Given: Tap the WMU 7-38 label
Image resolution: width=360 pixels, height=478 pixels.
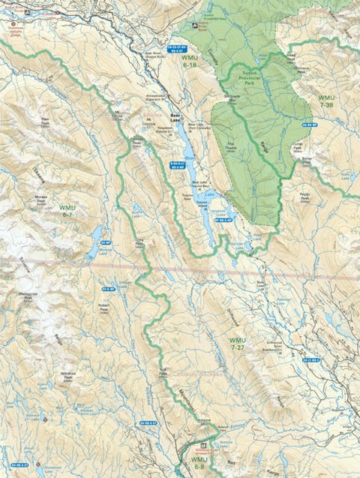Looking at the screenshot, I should click(x=327, y=102).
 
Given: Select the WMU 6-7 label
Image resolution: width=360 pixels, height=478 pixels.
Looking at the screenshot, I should click(x=67, y=211).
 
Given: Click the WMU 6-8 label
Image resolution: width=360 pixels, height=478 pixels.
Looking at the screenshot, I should click(x=199, y=462).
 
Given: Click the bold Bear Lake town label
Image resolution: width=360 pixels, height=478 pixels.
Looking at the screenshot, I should click(x=175, y=120).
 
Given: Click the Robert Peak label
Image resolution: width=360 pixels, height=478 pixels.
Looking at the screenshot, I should click(x=103, y=308).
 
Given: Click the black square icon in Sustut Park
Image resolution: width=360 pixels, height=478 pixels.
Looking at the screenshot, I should click(x=196, y=25).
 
